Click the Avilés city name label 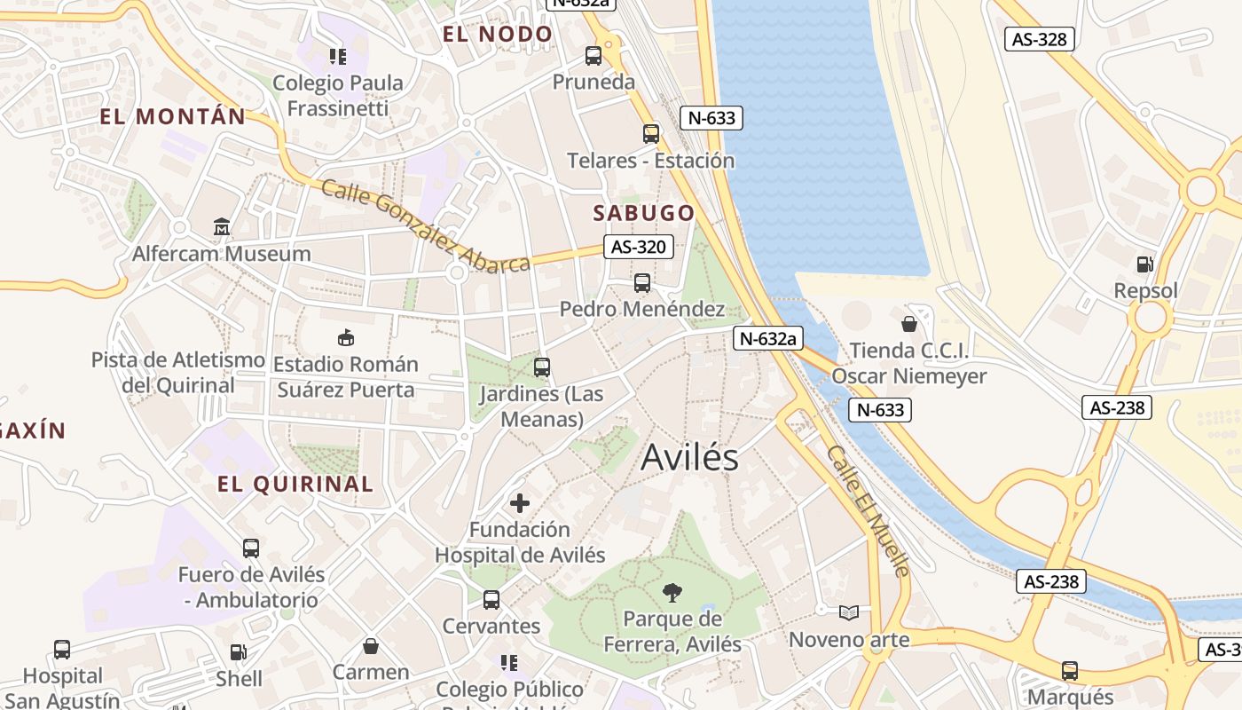pyautogui.click(x=689, y=457)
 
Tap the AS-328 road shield pyautogui.click(x=1040, y=39)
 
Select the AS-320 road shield pyautogui.click(x=638, y=247)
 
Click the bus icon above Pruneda pyautogui.click(x=593, y=56)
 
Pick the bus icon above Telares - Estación pyautogui.click(x=651, y=134)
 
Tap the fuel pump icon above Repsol pyautogui.click(x=1145, y=264)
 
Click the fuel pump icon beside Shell pyautogui.click(x=239, y=652)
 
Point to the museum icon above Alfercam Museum pyautogui.click(x=222, y=227)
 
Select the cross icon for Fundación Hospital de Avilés pyautogui.click(x=520, y=503)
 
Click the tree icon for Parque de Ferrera pyautogui.click(x=672, y=592)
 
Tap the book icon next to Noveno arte pyautogui.click(x=849, y=612)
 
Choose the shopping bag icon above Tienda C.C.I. pyautogui.click(x=908, y=324)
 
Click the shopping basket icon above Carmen pyautogui.click(x=371, y=646)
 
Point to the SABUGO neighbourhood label pyautogui.click(x=644, y=213)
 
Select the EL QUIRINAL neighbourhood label pyautogui.click(x=295, y=485)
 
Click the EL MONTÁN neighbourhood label pyautogui.click(x=172, y=116)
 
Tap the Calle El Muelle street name pyautogui.click(x=869, y=511)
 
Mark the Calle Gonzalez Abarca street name pyautogui.click(x=426, y=226)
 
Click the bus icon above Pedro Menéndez pyautogui.click(x=642, y=283)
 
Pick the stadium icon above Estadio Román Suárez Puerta pyautogui.click(x=346, y=338)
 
